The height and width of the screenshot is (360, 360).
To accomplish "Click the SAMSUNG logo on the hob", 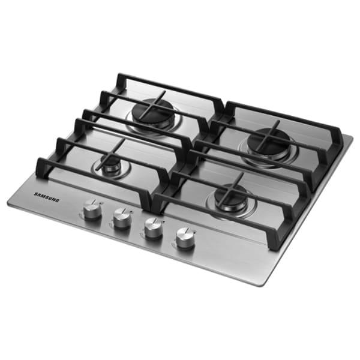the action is (47, 197).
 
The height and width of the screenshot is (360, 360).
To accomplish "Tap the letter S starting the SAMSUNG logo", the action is (35, 194).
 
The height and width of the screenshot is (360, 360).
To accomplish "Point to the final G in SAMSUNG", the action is (58, 200).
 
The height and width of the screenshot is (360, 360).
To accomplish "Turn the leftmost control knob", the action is (92, 209).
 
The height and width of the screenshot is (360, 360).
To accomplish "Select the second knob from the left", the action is (122, 218).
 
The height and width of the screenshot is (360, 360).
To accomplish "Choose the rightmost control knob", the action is (185, 238).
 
